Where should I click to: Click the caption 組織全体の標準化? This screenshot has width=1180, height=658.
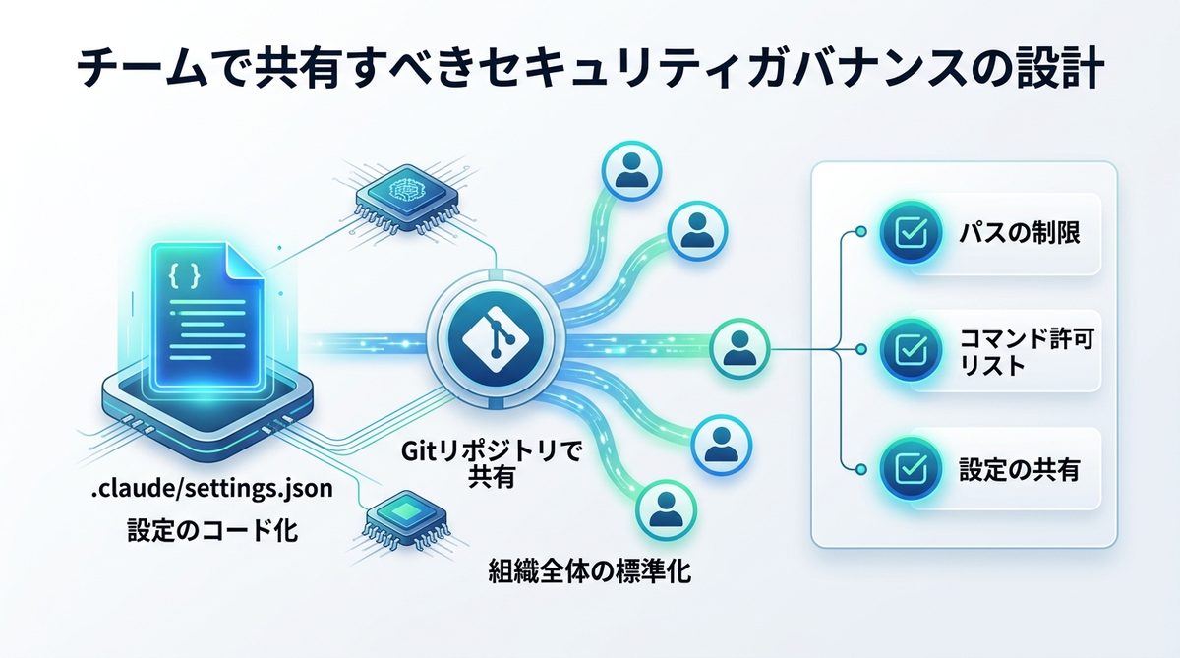(589, 570)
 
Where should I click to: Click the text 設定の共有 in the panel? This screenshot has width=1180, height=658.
(1019, 469)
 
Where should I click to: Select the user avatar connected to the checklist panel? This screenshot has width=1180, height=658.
(739, 347)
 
